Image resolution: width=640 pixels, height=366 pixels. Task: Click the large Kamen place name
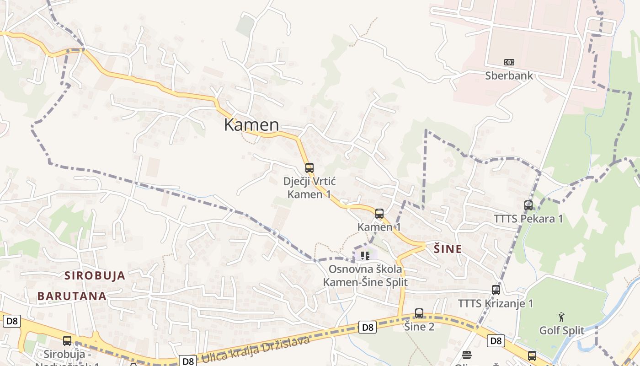251,125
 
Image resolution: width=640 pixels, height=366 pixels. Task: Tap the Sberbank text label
509,75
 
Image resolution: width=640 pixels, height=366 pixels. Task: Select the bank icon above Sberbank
509,62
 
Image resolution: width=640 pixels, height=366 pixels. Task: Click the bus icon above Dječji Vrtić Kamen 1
309,168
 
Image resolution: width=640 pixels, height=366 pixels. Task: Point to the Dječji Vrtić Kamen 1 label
309,188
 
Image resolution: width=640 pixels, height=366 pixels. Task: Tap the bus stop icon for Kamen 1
379,214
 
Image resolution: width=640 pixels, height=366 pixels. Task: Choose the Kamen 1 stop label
379,227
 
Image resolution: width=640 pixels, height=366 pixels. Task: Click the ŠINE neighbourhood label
448,249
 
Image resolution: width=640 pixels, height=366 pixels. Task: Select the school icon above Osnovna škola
365,255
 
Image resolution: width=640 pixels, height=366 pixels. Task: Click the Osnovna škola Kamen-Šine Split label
365,275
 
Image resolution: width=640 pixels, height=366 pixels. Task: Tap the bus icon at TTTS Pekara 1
528,205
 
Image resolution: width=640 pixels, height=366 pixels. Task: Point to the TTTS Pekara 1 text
528,219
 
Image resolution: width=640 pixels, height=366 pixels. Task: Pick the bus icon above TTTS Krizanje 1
496,290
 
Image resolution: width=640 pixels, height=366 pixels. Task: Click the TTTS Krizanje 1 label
496,303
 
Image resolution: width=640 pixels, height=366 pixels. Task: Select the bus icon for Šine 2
419,313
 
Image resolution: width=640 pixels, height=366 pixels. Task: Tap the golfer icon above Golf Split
561,317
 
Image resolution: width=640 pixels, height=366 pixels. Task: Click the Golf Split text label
562,330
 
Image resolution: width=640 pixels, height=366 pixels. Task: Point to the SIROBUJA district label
95,275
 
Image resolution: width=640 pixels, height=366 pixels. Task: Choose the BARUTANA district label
72,296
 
